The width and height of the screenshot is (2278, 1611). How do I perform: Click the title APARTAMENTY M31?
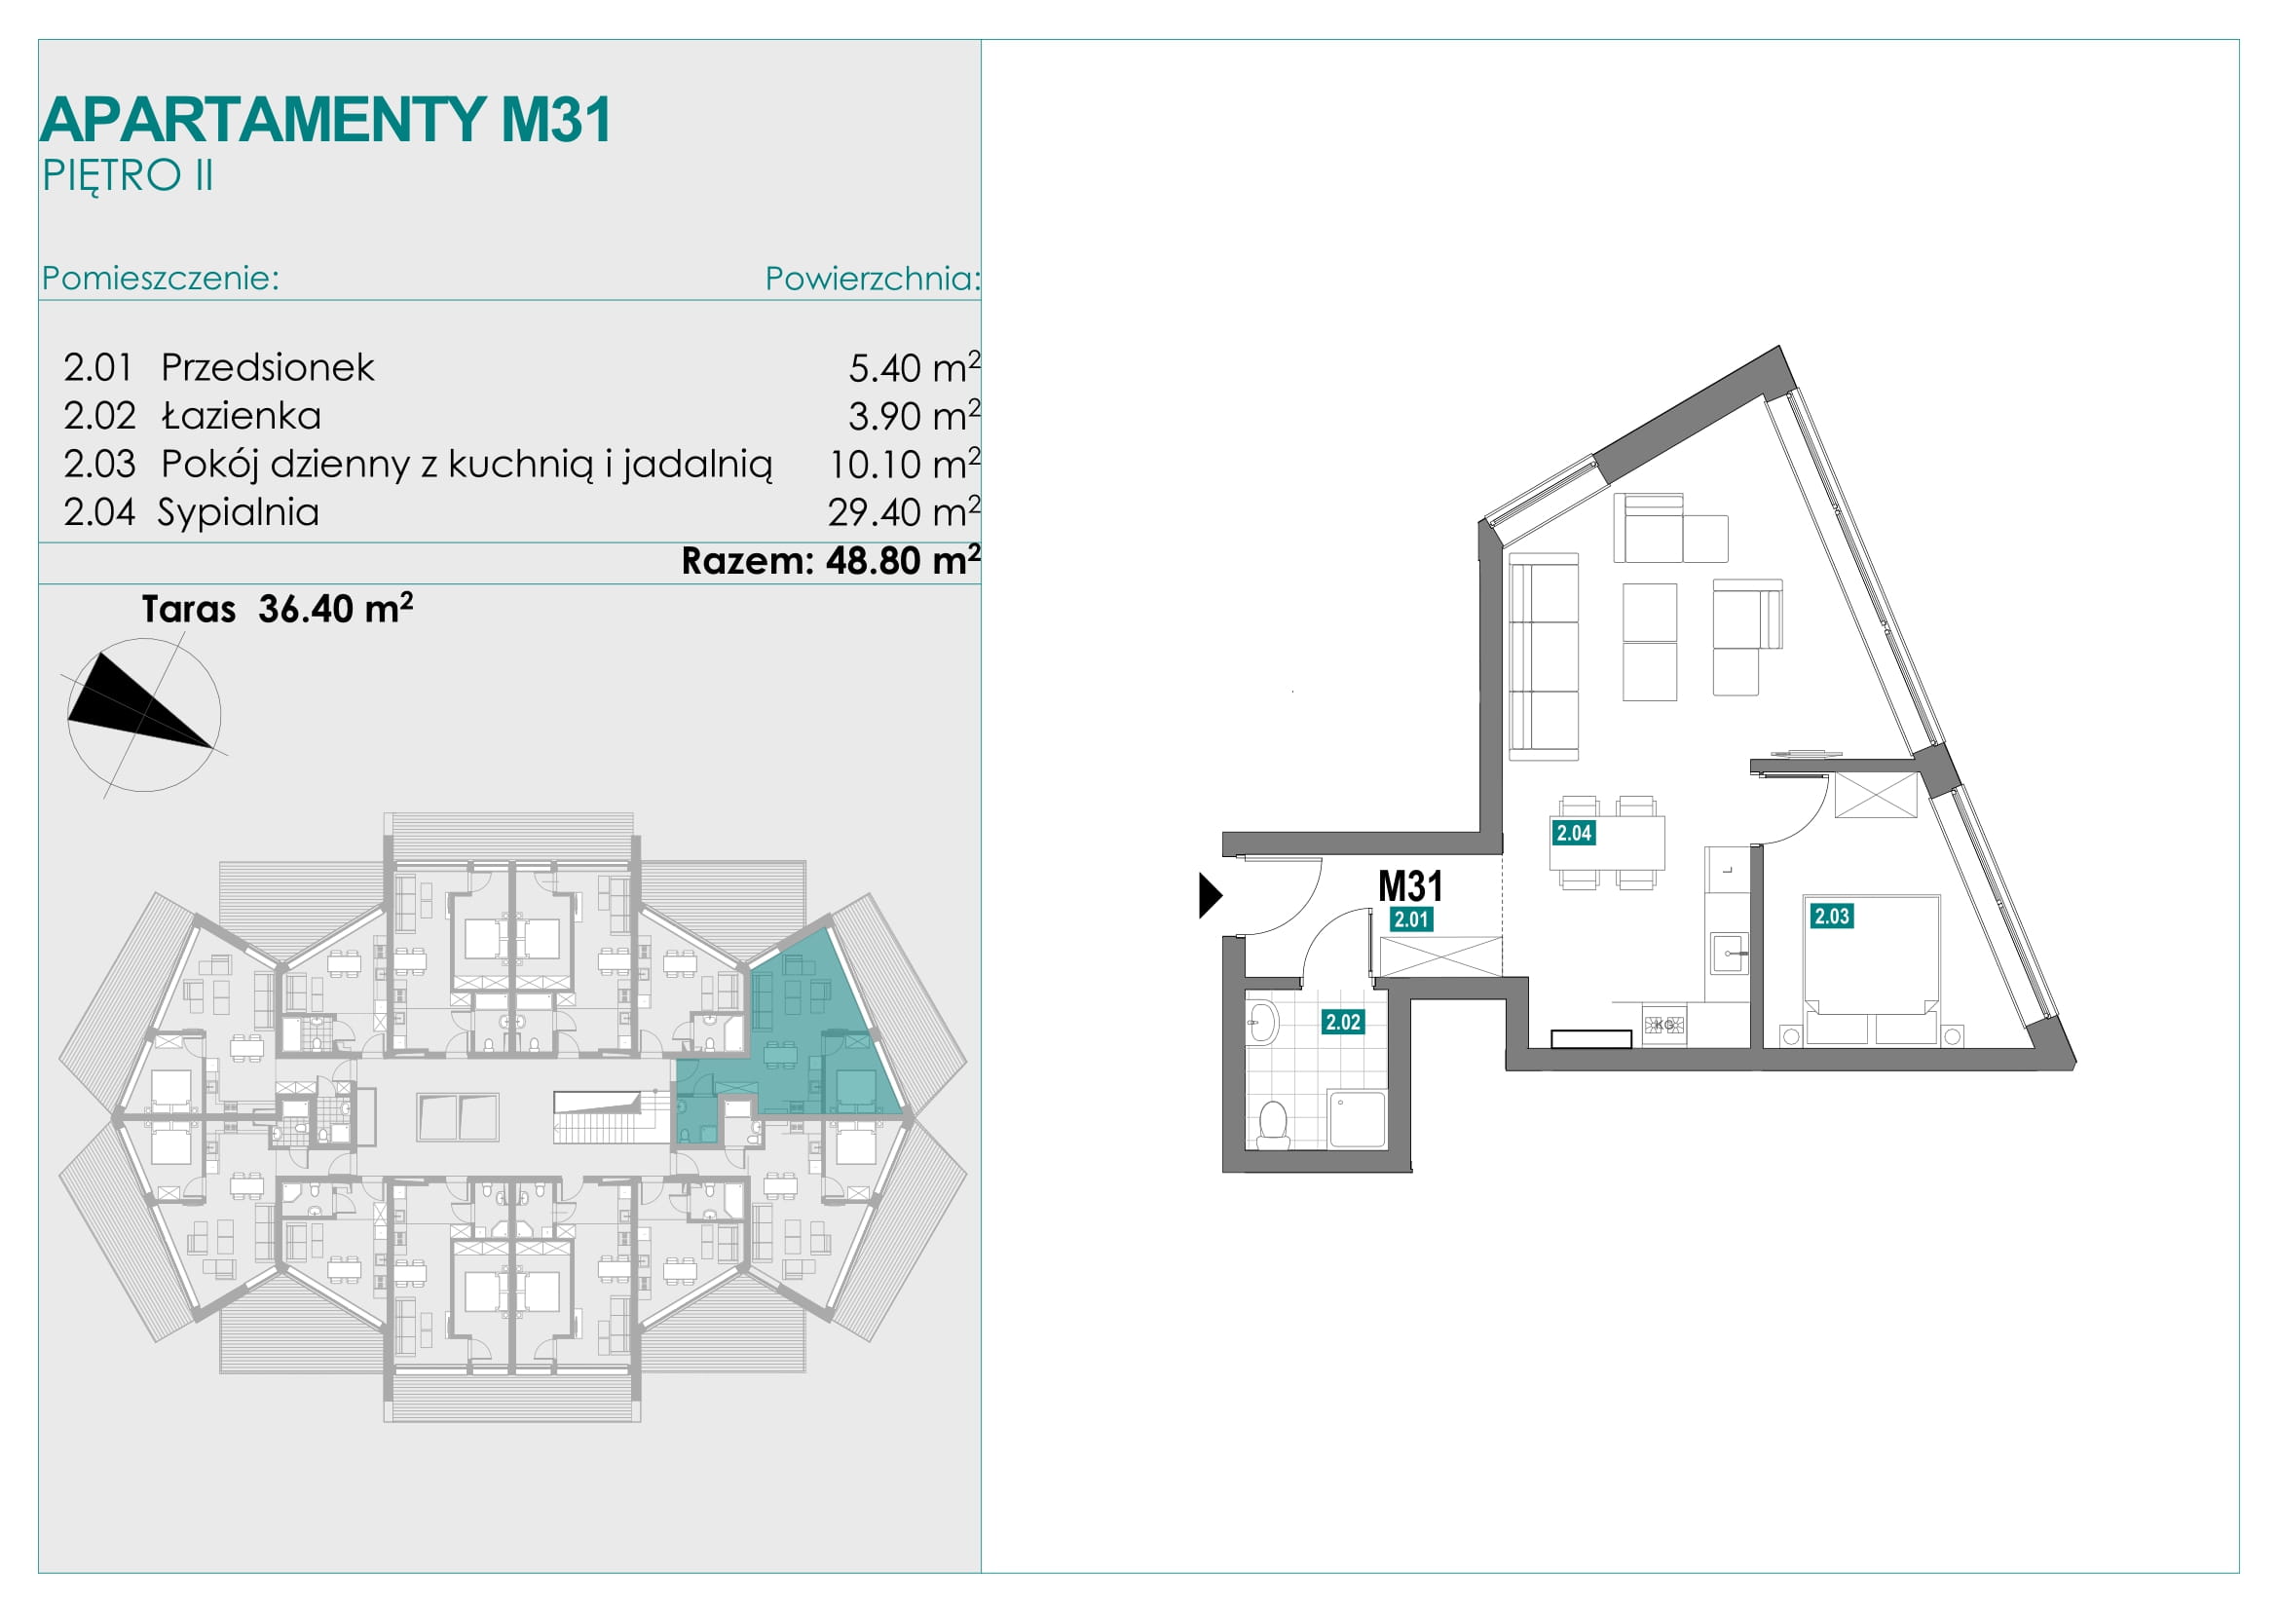(325, 120)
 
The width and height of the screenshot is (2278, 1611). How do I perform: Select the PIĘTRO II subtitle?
(127, 176)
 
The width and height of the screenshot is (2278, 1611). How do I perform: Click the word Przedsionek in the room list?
(268, 368)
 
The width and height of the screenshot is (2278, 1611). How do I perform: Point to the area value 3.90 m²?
(914, 416)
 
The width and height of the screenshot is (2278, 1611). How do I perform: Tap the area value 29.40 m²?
(904, 512)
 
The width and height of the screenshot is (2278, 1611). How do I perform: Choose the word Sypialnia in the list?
(238, 513)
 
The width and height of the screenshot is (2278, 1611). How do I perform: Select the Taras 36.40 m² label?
(277, 608)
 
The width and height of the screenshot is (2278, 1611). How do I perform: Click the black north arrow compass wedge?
(134, 704)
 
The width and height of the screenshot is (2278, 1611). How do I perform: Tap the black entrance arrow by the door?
(1210, 895)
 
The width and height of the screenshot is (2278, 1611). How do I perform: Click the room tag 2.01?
(1411, 919)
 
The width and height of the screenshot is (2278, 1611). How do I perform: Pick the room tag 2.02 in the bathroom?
(1343, 1022)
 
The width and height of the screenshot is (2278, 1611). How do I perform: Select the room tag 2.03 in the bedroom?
(1832, 916)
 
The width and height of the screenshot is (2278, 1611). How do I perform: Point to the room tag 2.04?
(1574, 832)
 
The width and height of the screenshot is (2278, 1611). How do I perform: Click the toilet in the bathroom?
(1273, 1125)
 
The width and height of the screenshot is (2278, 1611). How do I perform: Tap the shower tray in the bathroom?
(1358, 1119)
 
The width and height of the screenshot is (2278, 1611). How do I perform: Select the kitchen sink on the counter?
(1730, 953)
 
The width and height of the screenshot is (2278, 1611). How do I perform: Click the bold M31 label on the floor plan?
(1411, 885)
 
